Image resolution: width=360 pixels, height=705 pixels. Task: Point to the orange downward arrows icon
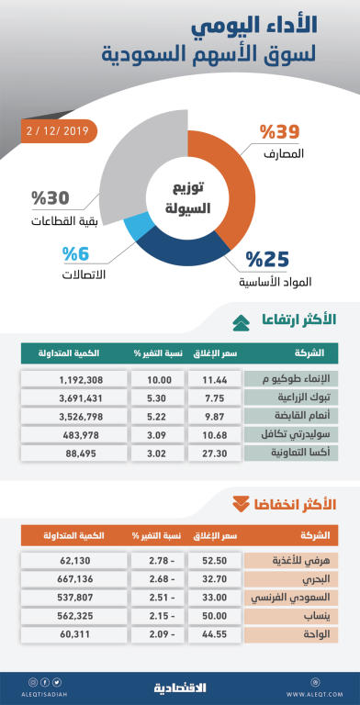pyautogui.click(x=241, y=503)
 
